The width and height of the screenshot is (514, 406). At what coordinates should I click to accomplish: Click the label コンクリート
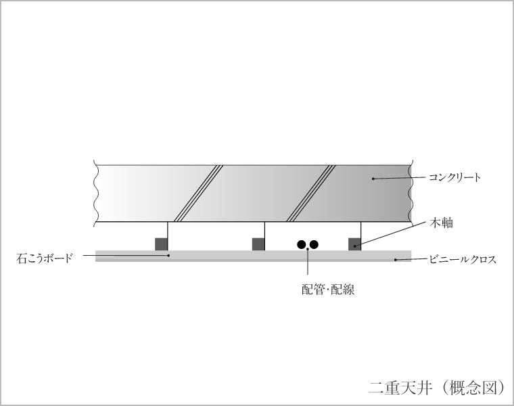coord(454,178)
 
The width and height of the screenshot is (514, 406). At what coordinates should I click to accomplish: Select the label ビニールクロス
coord(463,259)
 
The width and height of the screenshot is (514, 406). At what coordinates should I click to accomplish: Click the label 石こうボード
coord(44,258)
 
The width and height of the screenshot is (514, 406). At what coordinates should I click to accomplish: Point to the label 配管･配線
coord(328,290)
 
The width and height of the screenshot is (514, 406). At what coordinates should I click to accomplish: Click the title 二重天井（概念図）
coord(438,387)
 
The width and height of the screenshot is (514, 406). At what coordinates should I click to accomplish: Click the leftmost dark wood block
coord(161,244)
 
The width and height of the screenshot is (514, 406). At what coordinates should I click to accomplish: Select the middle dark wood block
coord(258,244)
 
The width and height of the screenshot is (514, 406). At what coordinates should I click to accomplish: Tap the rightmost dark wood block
coord(354,244)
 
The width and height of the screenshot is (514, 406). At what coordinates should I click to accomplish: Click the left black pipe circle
coord(302,244)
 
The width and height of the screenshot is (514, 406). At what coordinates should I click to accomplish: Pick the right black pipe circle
coord(314,244)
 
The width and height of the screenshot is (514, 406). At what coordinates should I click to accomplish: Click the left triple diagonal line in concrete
coord(198,193)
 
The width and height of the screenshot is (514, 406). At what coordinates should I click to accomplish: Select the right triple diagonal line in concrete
coord(310,193)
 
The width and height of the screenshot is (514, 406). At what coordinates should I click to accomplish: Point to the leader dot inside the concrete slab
coord(373,179)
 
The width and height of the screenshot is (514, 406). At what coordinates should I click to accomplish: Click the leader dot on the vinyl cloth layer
coord(396,260)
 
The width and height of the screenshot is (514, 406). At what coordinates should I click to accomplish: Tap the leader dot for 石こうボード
coord(168,256)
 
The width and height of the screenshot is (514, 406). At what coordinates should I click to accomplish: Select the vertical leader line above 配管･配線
coord(308,262)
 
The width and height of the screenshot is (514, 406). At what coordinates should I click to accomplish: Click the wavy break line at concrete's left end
coord(95,193)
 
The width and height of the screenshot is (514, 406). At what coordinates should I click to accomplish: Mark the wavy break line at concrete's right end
coord(411,193)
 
